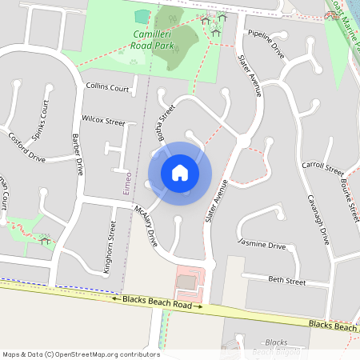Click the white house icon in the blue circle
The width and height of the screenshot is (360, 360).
[180, 173]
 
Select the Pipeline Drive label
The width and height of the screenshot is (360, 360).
[266, 44]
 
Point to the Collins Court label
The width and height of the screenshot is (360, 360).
[107, 87]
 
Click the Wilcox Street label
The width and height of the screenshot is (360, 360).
[103, 122]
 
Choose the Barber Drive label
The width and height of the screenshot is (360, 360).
[78, 154]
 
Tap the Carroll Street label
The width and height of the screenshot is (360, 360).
[323, 170]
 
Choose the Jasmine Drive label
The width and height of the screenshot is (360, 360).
[262, 244]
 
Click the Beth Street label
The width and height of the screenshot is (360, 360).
[286, 282]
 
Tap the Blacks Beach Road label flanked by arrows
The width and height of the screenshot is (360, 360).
[157, 302]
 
